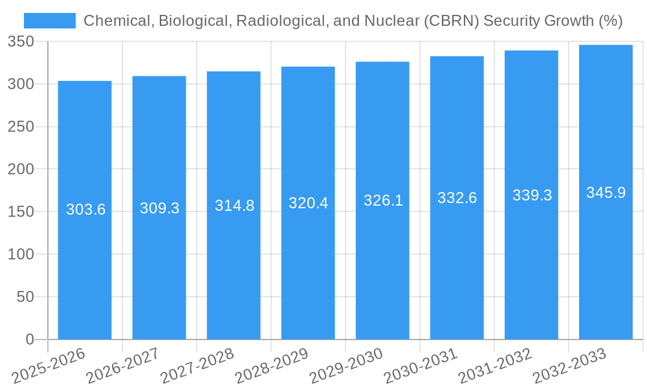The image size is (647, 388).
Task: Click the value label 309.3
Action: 160,208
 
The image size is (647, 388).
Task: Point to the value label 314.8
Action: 234,206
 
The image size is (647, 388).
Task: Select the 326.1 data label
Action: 383,200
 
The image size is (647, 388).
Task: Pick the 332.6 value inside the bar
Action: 457,198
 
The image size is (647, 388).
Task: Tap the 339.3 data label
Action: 532,195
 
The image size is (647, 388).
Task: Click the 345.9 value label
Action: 606,193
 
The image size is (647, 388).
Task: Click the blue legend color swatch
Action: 50,21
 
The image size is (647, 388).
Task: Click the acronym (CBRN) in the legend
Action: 445,21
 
